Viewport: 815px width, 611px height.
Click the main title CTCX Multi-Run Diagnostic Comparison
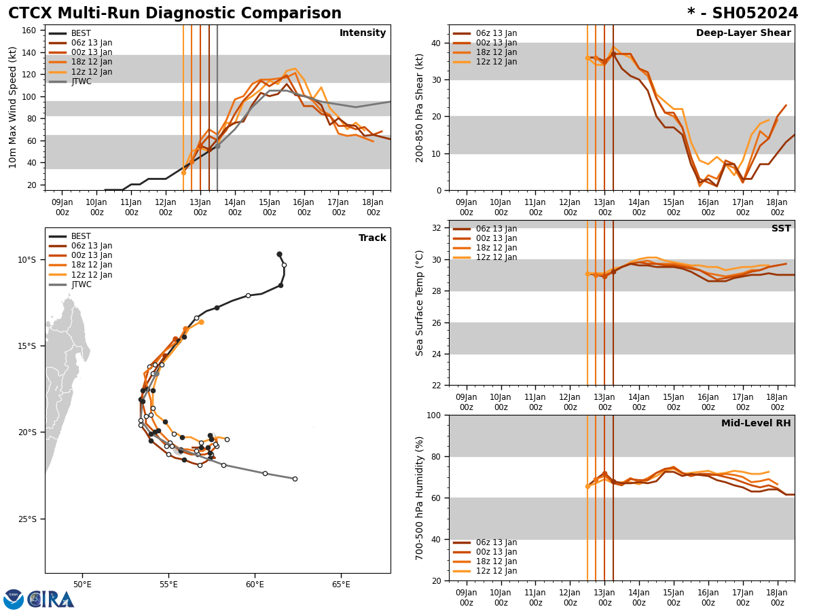coord(175,14)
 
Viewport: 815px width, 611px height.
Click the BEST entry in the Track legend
coord(81,236)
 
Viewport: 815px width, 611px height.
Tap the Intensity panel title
coord(363,33)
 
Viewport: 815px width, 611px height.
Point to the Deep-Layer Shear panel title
coord(743,33)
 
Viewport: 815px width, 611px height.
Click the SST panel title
coord(781,229)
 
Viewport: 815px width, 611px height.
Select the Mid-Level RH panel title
coord(756,424)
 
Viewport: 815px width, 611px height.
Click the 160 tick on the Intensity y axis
coord(29,31)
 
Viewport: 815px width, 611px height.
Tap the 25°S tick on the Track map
coord(27,519)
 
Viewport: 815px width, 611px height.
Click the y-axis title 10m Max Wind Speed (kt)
coord(13,107)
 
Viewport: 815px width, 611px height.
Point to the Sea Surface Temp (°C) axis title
coord(420,303)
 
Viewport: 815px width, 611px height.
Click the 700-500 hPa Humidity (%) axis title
coord(420,498)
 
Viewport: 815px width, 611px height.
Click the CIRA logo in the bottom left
coord(51,599)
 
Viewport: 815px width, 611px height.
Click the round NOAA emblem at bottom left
coord(14,599)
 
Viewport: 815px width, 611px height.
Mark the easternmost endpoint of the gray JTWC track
coord(295,479)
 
